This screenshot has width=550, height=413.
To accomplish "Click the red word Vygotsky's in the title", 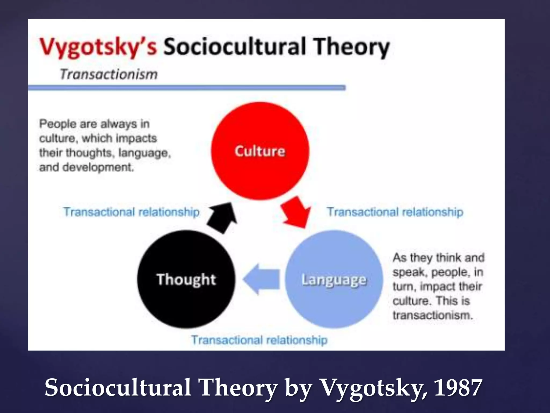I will (98, 47).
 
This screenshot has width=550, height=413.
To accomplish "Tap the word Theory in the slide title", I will (352, 47).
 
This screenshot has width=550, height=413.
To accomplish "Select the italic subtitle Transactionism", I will (109, 74).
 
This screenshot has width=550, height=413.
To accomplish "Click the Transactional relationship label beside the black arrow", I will (131, 212).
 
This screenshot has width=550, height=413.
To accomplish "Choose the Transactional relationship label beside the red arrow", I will (395, 212).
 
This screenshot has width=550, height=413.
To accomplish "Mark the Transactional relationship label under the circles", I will (259, 340).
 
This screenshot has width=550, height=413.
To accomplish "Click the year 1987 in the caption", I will (458, 387).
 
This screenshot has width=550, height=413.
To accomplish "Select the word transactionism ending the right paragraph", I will (432, 315).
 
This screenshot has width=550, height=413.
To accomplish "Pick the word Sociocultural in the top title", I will (235, 47).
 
